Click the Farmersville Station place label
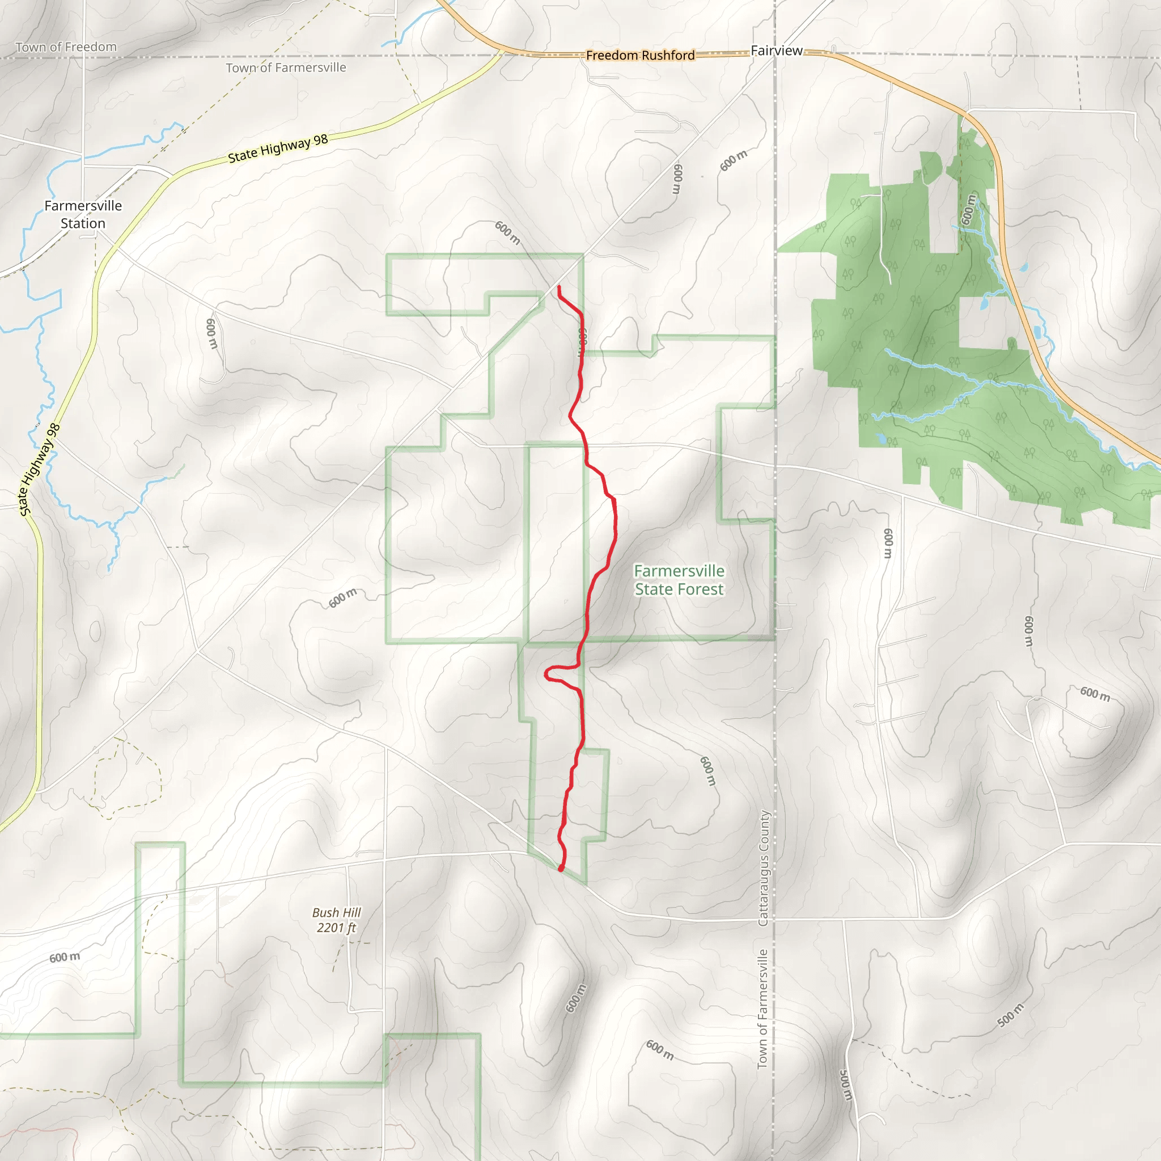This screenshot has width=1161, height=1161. coord(83,214)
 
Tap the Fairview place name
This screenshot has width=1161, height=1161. coord(777,51)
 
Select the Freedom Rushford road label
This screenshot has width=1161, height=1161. coord(640,56)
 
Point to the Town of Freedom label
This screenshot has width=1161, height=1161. coord(66,47)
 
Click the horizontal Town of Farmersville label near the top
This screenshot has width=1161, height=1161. coord(286,68)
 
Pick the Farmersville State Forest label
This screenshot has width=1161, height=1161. coord(679,580)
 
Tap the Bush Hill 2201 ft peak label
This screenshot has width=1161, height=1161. coord(337,920)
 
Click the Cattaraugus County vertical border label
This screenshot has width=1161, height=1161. coord(763,868)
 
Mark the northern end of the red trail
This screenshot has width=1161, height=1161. coord(560,287)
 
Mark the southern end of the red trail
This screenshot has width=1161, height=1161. coord(561,869)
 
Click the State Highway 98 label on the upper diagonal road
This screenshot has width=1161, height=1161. coord(278,148)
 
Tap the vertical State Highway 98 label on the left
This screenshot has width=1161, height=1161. coord(40,469)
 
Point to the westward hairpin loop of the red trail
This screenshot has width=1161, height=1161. coord(548,674)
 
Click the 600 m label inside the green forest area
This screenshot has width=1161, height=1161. coord(968,209)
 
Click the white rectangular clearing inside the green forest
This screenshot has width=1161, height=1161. coord(982,323)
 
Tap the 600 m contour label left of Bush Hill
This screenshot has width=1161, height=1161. coord(64,957)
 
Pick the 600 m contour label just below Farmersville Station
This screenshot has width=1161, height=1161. coord(211,333)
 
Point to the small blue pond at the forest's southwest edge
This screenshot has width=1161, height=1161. coord(881,439)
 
